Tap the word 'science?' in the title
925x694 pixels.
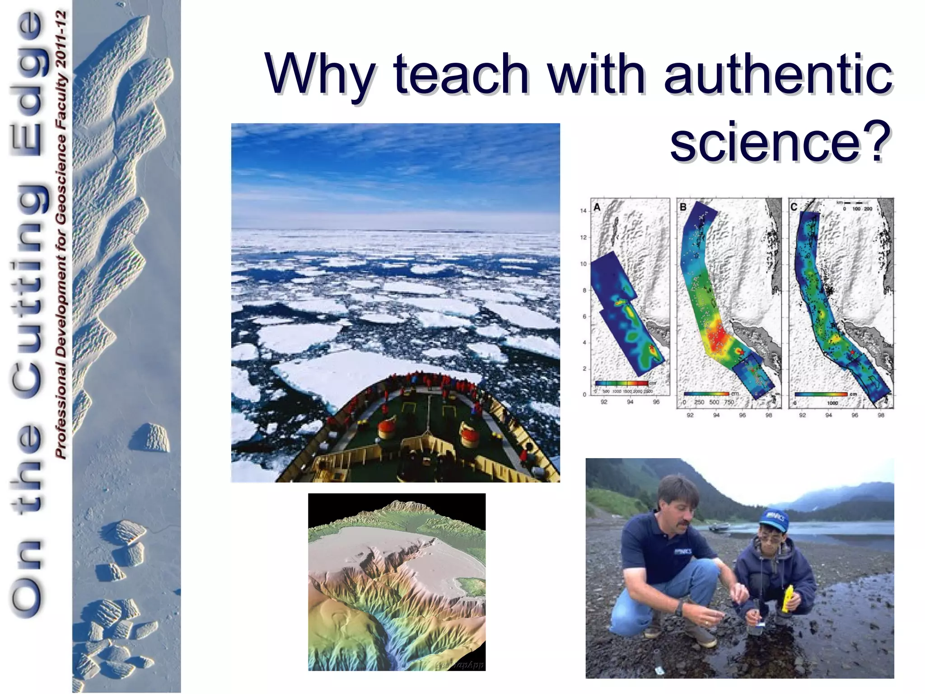point(776,142)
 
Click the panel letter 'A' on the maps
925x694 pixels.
point(597,207)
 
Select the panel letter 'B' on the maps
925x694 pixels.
point(683,207)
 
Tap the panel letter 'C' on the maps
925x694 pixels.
point(794,207)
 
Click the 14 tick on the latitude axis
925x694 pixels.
point(583,211)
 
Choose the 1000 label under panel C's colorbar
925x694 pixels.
point(832,403)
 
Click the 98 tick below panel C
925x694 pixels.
point(881,415)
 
